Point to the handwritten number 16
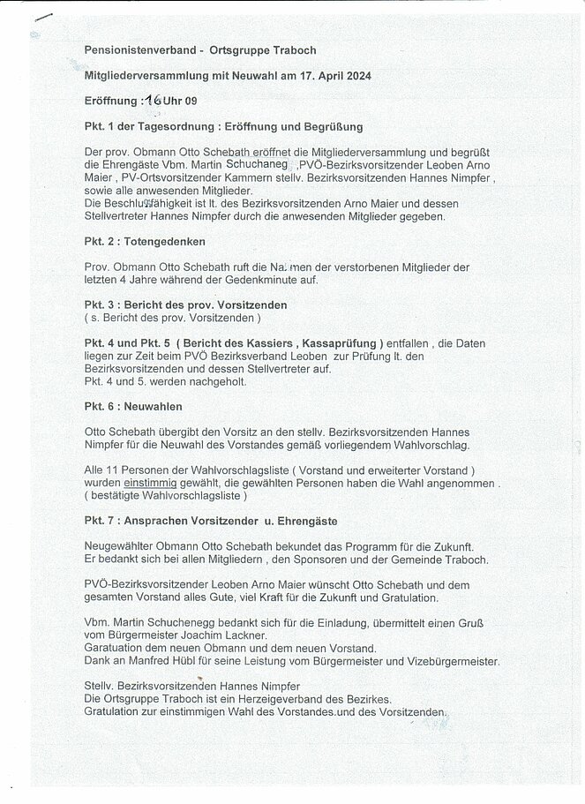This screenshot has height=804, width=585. [x=154, y=101]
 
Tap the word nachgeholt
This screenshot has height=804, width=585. [x=208, y=381]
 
